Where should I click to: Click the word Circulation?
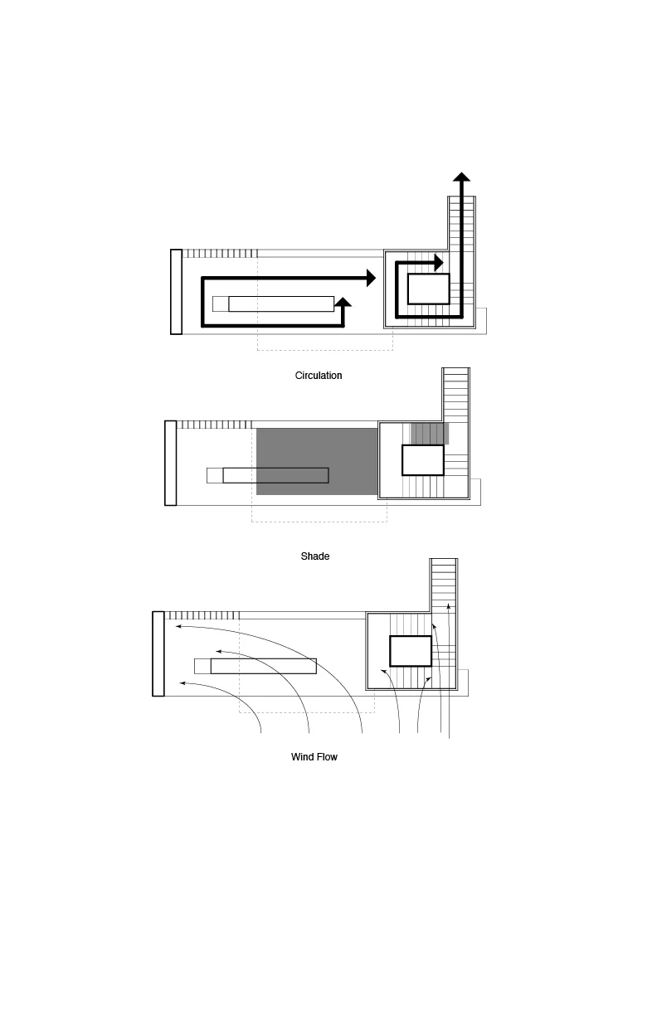tap(319, 376)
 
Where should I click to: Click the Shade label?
tap(315, 556)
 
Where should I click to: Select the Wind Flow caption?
tap(314, 757)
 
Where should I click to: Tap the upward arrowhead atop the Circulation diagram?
tap(462, 177)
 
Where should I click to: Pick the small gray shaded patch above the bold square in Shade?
tap(430, 433)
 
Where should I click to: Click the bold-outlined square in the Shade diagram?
tap(423, 460)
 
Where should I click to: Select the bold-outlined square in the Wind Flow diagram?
tap(411, 651)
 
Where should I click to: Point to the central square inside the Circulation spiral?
tap(428, 289)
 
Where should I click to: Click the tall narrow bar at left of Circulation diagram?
tap(176, 291)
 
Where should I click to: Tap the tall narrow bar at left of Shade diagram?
tap(171, 463)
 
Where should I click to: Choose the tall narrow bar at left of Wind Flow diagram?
tap(158, 653)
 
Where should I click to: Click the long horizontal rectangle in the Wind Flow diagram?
tap(263, 666)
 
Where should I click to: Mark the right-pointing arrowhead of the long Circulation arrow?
tap(372, 279)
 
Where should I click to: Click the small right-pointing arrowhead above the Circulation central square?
tap(440, 263)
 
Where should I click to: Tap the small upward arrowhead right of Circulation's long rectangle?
tap(343, 303)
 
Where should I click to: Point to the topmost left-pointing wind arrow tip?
tap(178, 628)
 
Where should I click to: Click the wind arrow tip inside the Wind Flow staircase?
tap(448, 607)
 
